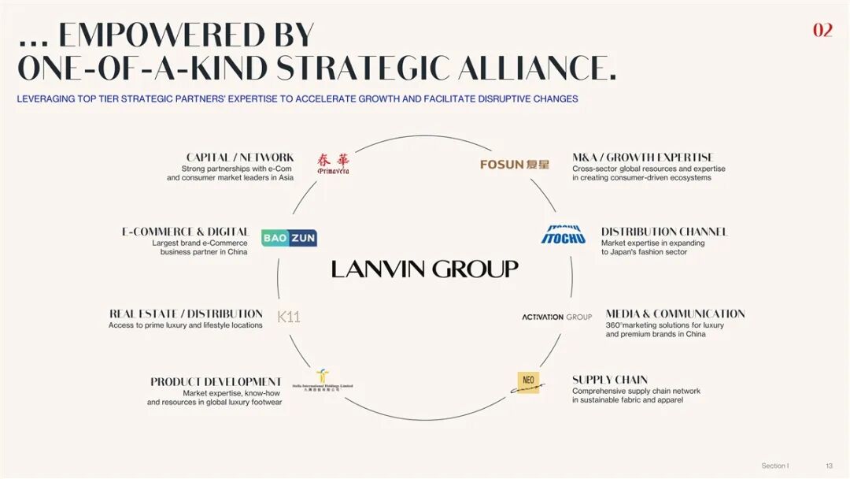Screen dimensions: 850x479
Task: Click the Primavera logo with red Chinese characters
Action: [x=333, y=163]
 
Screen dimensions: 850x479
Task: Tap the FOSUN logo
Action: [x=515, y=164]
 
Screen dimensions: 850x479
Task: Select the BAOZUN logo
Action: [x=289, y=238]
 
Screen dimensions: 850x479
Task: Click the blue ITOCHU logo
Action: [x=564, y=235]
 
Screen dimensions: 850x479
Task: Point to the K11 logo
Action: [x=289, y=317]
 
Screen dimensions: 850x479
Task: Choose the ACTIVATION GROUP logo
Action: [x=556, y=317]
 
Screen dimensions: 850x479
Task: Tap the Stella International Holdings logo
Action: [x=323, y=381]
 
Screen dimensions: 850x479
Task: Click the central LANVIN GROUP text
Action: [x=424, y=269]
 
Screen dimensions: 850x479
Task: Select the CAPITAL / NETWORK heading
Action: [x=240, y=158]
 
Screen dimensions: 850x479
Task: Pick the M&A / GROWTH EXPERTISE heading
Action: [x=642, y=158]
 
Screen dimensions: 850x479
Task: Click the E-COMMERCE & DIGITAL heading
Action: [x=185, y=232]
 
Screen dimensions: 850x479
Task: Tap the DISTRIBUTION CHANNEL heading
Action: [x=664, y=232]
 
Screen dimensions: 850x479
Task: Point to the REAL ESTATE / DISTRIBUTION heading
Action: [x=186, y=314]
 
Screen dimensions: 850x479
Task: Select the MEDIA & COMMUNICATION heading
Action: [x=674, y=314]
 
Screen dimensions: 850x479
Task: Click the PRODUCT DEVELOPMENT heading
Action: [x=216, y=382]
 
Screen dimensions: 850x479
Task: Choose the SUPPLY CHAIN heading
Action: [x=610, y=380]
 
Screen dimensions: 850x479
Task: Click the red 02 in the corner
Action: [x=822, y=30]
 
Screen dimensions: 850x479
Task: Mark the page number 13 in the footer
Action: [x=829, y=466]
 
